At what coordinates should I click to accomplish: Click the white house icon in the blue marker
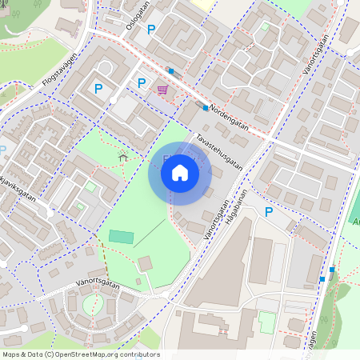click(x=180, y=172)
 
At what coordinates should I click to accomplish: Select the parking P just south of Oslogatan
click(x=152, y=29)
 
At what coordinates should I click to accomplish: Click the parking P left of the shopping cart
click(x=142, y=82)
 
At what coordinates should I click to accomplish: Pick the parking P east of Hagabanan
click(x=269, y=211)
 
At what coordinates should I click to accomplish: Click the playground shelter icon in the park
click(x=122, y=157)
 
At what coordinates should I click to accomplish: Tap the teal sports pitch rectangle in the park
click(x=122, y=237)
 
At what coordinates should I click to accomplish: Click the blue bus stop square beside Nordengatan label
click(x=206, y=107)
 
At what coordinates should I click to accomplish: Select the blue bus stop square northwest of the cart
click(x=170, y=71)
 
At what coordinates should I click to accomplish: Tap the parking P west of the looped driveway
click(x=98, y=88)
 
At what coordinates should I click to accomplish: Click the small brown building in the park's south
click(x=145, y=263)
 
